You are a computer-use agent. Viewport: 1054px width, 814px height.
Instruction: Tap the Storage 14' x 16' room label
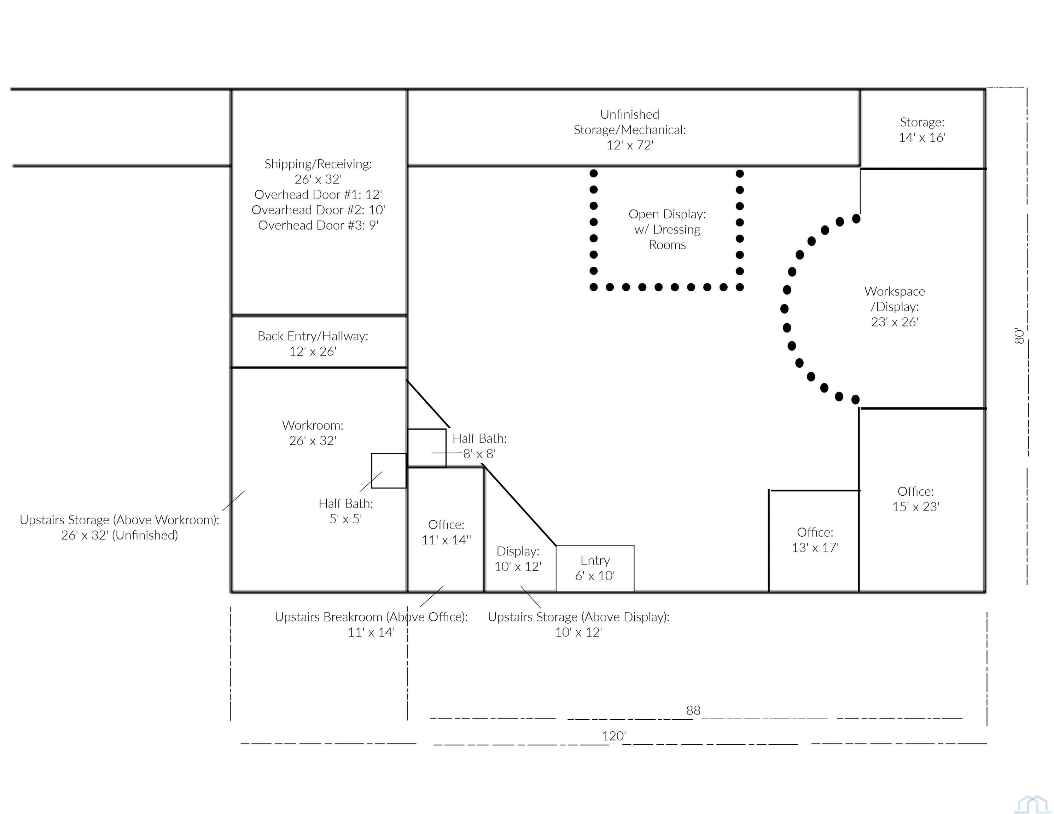pos(922,130)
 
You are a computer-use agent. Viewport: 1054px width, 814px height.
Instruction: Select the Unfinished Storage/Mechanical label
pos(629,130)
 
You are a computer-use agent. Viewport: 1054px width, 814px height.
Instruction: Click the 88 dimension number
pos(693,710)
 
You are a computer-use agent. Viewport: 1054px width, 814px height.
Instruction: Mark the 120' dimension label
pos(614,736)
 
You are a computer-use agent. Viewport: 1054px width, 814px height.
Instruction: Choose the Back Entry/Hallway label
pos(313,343)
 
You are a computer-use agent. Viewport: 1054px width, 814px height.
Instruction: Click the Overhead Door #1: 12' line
pos(318,194)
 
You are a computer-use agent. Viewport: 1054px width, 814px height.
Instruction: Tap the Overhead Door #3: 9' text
pos(318,225)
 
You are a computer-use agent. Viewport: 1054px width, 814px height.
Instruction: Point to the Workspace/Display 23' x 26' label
pos(894,306)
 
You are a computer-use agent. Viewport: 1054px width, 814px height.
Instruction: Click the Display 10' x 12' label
pos(518,559)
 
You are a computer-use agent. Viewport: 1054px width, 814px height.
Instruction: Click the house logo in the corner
pos(1034,804)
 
